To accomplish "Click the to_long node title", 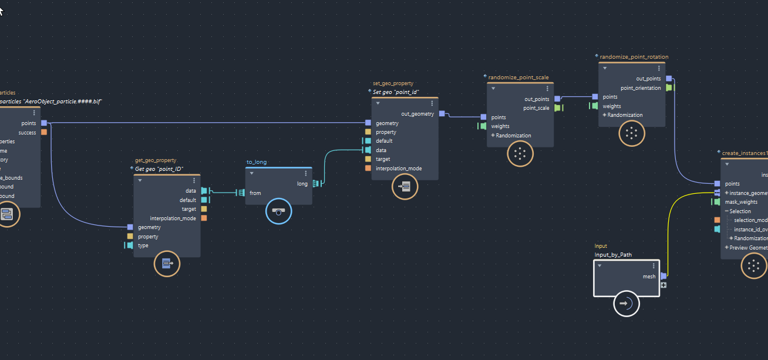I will coord(257,162).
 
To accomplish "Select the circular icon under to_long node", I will coord(278,211).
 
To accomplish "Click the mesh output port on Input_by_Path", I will coord(663,276).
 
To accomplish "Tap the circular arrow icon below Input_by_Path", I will coord(626,304).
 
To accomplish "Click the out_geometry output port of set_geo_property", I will coord(442,114).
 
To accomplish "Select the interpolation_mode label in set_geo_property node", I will coord(398,169).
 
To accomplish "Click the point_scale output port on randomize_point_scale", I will coord(557,108).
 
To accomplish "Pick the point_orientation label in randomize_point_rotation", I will coord(641,88).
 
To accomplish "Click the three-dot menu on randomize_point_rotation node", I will coord(659,69).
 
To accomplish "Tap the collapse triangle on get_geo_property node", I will coord(140,181).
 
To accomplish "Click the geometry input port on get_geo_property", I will coord(130,227).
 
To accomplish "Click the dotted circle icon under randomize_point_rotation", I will coord(632,133).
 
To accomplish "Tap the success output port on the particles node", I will coord(44,133).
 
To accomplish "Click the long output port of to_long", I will coord(315,184).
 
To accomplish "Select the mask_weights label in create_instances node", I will coord(740,202).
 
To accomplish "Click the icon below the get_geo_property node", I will coord(167,264).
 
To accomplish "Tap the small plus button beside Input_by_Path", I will coord(663,285).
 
